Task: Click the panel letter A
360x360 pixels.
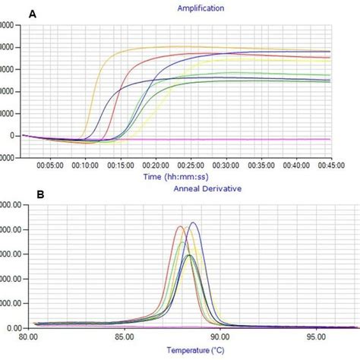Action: coord(33,14)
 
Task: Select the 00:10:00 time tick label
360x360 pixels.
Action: coord(85,164)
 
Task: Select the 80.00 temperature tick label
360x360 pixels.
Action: coord(27,336)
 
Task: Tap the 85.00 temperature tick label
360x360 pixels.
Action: coord(124,336)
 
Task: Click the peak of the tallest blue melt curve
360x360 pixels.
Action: coord(193,223)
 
